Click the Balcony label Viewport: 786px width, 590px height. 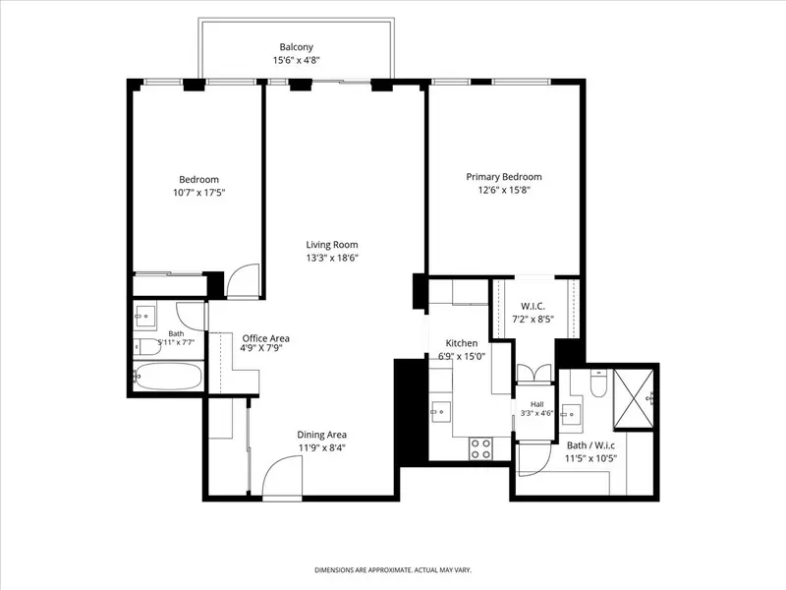[x=297, y=47]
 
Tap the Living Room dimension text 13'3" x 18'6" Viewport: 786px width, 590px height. [x=332, y=258]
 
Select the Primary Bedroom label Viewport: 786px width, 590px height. [x=504, y=177]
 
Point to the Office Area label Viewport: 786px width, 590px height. [x=265, y=338]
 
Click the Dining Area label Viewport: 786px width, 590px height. [x=322, y=435]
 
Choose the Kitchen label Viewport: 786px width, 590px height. [x=462, y=343]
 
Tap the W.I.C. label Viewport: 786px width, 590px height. [x=533, y=306]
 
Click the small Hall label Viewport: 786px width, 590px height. [x=536, y=404]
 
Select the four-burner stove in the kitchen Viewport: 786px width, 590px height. [x=480, y=448]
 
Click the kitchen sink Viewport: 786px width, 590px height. [x=440, y=412]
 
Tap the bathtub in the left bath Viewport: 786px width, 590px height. [x=168, y=377]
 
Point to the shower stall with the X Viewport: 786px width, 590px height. [x=633, y=399]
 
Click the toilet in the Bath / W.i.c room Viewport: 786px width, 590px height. [x=599, y=383]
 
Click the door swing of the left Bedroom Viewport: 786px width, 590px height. [x=243, y=281]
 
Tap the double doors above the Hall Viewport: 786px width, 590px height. [x=534, y=374]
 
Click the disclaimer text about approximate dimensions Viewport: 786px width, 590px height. [x=393, y=570]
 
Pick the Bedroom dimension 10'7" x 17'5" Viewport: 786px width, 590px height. [x=199, y=193]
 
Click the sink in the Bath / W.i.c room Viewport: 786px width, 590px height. [x=570, y=414]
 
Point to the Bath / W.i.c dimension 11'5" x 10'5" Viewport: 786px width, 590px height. [x=591, y=458]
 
